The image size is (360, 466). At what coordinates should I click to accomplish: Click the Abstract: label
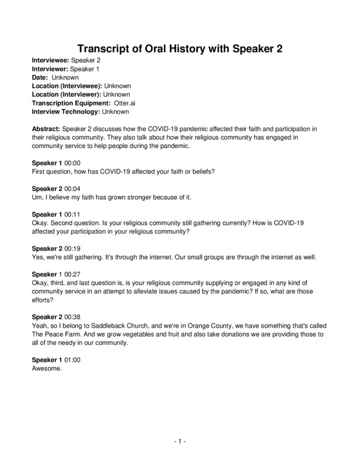tap(45, 128)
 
